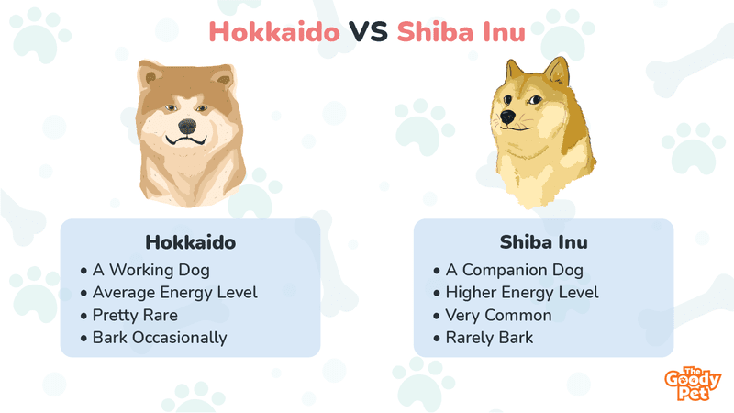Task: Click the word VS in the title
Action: pos(369,32)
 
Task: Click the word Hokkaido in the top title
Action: pos(274,32)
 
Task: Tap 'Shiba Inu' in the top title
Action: pos(462,32)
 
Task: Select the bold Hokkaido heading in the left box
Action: pos(191,242)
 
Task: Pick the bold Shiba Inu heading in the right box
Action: pos(543,242)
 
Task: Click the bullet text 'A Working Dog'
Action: pos(151,270)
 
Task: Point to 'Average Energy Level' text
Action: pos(175,293)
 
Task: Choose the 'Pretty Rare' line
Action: pos(135,315)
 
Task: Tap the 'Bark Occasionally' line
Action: pos(160,338)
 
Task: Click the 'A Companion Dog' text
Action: pos(515,270)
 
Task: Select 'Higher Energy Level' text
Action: pos(522,293)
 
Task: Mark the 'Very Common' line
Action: pos(498,315)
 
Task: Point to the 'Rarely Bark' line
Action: pos(489,338)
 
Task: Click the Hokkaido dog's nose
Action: pos(187,126)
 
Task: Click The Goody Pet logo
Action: pos(693,384)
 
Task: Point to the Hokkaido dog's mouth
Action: pos(187,140)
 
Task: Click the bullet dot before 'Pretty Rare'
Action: pos(83,316)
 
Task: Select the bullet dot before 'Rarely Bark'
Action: pos(437,339)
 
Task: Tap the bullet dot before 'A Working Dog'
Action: pos(83,271)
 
